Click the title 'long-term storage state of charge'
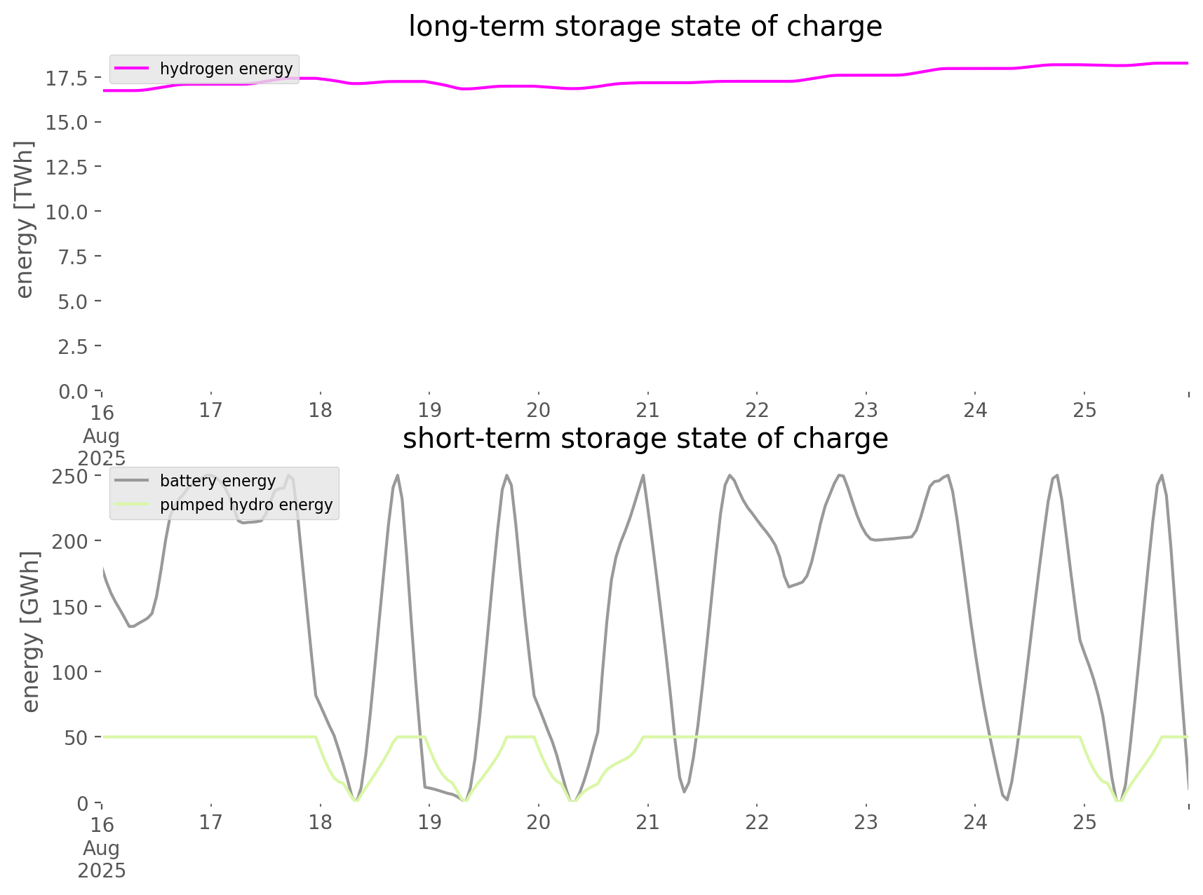click(645, 27)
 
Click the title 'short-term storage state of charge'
click(645, 439)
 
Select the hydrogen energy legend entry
click(226, 69)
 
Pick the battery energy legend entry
click(217, 481)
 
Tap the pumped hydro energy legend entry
click(246, 505)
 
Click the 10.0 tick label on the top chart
click(67, 212)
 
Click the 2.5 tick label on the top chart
click(72, 346)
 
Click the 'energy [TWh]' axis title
click(25, 219)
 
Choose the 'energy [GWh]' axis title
click(31, 631)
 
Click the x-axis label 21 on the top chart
click(647, 410)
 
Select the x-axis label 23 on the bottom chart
click(866, 822)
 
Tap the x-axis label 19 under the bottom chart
click(429, 822)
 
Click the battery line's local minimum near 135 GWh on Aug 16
click(130, 626)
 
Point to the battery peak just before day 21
click(643, 476)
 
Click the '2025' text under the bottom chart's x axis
click(102, 870)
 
